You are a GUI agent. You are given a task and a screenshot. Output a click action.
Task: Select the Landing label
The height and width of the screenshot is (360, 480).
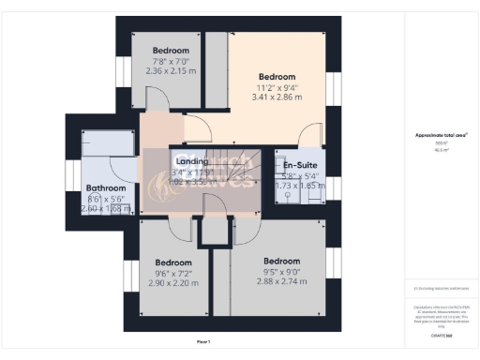click(x=191, y=161)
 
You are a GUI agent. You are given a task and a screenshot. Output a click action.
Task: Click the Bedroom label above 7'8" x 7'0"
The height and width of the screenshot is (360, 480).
click(x=172, y=50)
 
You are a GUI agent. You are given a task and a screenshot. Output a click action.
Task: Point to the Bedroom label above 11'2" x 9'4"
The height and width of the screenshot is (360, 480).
click(x=277, y=77)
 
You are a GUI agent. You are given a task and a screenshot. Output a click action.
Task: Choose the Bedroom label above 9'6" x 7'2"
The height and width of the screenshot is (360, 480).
click(x=173, y=262)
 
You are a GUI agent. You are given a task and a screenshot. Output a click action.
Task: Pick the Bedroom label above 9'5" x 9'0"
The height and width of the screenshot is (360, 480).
click(x=281, y=261)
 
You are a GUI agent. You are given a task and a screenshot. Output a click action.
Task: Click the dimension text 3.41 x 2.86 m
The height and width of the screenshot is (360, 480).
click(x=277, y=97)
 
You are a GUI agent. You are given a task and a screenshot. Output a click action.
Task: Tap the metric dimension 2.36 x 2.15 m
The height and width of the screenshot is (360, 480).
click(x=172, y=70)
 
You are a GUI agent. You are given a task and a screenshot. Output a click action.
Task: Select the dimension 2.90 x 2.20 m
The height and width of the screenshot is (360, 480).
click(x=173, y=283)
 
